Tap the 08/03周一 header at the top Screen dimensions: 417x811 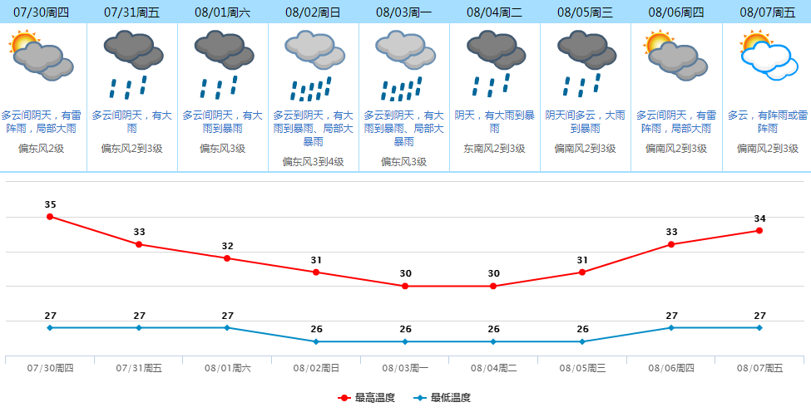(x=403, y=12)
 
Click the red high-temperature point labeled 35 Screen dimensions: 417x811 (x=50, y=217)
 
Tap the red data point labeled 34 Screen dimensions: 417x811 (x=759, y=230)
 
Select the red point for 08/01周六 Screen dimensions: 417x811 (x=227, y=258)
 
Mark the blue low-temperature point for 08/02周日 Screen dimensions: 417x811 (x=316, y=341)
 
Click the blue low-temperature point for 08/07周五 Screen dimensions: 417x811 (x=759, y=327)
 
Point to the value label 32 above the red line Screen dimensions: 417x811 (x=227, y=246)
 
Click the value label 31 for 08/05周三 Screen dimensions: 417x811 (x=582, y=260)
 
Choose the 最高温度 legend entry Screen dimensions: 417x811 (x=366, y=399)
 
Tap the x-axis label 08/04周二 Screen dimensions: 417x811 (x=493, y=367)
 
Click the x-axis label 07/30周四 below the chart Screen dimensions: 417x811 (x=50, y=367)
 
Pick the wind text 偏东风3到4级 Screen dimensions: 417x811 (x=313, y=161)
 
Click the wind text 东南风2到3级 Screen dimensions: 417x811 (x=494, y=148)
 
